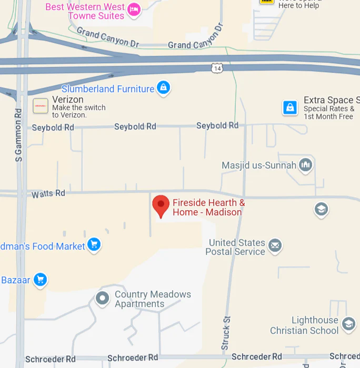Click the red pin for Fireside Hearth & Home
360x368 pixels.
click(161, 205)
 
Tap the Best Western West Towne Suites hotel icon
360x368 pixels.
click(134, 9)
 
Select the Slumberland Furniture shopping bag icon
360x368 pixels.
click(164, 87)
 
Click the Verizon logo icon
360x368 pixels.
click(41, 106)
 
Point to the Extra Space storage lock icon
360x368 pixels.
click(290, 107)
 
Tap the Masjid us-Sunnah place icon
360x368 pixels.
click(305, 165)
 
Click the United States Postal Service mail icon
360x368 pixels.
click(275, 245)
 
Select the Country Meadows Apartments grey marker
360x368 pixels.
click(102, 299)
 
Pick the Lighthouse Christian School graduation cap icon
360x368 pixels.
click(348, 324)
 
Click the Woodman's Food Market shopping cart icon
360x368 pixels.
click(94, 244)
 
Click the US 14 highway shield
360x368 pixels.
click(217, 67)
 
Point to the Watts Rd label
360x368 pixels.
click(48, 194)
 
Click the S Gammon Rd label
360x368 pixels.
click(18, 135)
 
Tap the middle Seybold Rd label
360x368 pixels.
click(135, 126)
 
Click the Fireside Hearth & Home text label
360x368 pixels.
click(208, 207)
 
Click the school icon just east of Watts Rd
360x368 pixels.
click(321, 209)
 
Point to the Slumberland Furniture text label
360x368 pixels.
click(108, 89)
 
